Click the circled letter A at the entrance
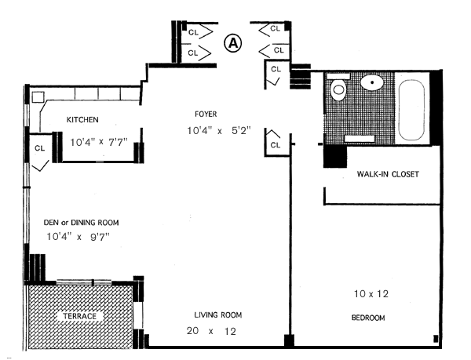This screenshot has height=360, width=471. [x=233, y=43]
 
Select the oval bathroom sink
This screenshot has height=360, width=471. [x=372, y=82]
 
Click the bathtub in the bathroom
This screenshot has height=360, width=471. [x=411, y=110]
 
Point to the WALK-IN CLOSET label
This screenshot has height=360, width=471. [x=388, y=174]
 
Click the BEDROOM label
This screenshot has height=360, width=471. [x=368, y=318]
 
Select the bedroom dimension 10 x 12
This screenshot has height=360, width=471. [x=371, y=293]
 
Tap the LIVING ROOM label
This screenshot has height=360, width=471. [x=218, y=315]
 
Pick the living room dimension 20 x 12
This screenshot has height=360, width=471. [x=211, y=331]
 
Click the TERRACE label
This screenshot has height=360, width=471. [x=79, y=316]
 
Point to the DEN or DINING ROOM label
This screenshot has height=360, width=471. [x=81, y=223]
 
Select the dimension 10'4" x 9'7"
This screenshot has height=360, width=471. [x=78, y=237]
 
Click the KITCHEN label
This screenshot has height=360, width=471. [x=82, y=120]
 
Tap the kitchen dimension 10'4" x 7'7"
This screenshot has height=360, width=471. [x=99, y=142]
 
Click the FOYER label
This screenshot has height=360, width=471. [x=206, y=114]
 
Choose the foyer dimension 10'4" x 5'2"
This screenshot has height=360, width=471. [x=219, y=130]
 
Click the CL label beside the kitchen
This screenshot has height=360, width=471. [x=40, y=148]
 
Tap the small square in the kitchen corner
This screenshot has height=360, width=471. [x=38, y=97]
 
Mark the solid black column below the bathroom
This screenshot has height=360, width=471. [x=335, y=156]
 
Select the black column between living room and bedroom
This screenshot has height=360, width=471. [x=289, y=341]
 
